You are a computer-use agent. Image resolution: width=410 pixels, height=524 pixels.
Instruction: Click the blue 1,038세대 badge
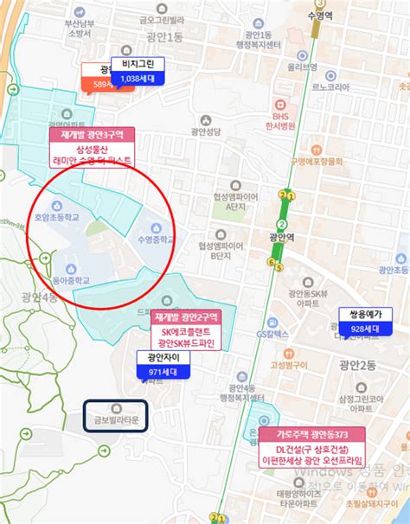coord(138,79)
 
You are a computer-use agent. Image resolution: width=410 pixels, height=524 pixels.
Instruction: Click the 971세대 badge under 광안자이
coord(157,372)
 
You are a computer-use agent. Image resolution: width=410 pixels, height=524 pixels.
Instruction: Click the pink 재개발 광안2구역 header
coord(188,316)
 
